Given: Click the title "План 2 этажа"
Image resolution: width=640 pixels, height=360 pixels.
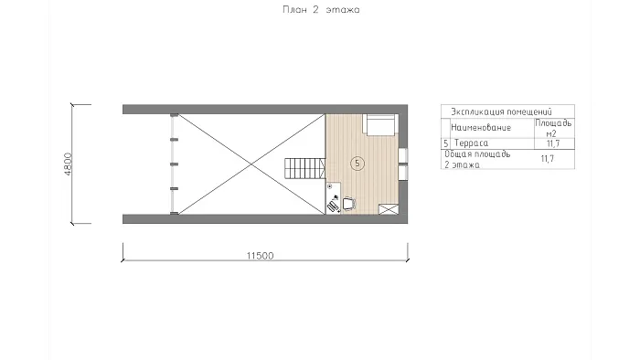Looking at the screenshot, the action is [321, 10].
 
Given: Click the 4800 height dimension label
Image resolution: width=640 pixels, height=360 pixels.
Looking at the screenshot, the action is [68, 164].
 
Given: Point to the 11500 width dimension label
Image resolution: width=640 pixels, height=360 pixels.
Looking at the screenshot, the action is [260, 256].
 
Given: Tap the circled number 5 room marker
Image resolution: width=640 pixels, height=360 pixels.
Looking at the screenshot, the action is [357, 164].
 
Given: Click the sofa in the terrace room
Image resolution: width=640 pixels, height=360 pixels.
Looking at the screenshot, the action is [380, 124].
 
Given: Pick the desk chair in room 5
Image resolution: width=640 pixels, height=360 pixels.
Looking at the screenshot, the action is [348, 203].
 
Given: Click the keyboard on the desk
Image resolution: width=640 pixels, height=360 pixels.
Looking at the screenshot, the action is [333, 207].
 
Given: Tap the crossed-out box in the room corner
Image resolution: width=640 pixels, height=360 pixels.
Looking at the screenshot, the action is [389, 209].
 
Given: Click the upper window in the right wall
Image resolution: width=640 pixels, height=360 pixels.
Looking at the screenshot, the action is [403, 155].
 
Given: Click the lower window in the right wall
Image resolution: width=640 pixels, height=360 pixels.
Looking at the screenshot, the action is [403, 173].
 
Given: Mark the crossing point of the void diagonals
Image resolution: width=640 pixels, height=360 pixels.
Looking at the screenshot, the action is [251, 164].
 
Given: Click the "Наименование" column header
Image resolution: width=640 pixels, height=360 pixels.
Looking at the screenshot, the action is [481, 128].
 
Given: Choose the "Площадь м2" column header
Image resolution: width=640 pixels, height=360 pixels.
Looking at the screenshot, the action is [553, 128].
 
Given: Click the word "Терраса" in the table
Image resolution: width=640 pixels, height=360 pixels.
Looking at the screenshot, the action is [471, 143].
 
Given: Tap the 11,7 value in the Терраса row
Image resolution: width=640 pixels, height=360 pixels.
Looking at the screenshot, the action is [553, 143].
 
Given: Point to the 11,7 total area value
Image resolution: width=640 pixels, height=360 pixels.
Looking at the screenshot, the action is [548, 159].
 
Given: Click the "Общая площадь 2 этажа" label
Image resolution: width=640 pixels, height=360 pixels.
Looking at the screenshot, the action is [477, 159].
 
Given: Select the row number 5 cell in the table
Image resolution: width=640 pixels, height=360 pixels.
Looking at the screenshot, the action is [446, 143].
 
